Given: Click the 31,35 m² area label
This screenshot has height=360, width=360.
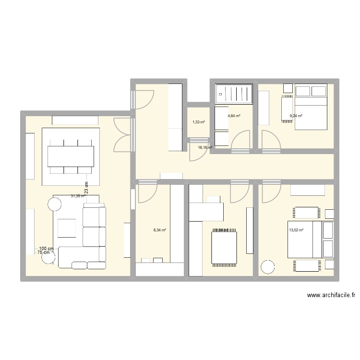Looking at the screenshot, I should point(77,196).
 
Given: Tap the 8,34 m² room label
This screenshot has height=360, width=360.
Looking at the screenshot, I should point(159,230).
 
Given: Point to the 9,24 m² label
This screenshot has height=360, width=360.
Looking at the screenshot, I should point(295,116).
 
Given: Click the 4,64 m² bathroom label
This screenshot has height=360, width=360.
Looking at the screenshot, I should point(234,116).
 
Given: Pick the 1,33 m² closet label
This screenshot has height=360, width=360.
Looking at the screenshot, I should point(198,122).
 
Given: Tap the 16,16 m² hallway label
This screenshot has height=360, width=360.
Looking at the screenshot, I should point(205,148).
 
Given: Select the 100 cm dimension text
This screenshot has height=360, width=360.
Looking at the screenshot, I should point(46,248).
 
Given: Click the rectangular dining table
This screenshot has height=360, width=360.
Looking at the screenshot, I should point(71,156).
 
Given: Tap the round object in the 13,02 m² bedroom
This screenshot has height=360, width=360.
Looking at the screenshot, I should point(266,267).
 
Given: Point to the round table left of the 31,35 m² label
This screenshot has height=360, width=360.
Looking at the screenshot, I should point(54,204).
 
